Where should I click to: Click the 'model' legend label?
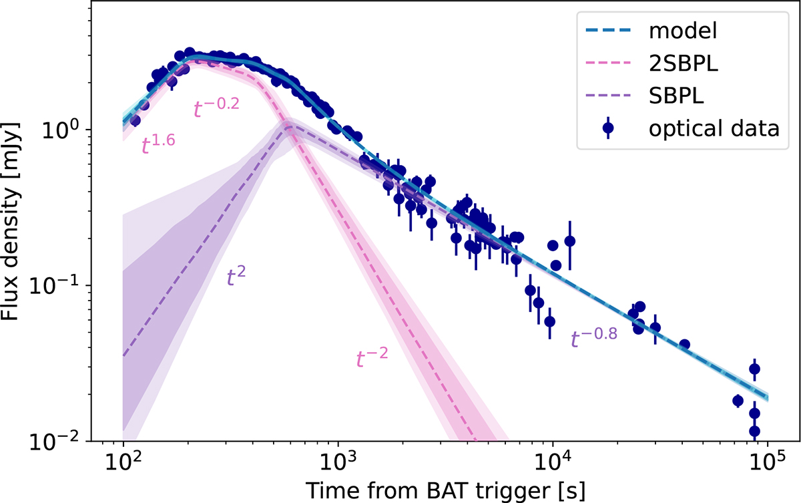pos(683,31)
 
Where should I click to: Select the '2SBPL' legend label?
pos(684,63)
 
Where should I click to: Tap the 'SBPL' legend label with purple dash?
pos(676,96)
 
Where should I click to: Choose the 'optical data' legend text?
pos(714,128)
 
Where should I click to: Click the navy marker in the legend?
pos(608,128)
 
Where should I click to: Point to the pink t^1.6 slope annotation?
pos(158,144)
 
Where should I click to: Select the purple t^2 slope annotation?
pos(236,276)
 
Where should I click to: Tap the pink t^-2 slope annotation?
pos(372,357)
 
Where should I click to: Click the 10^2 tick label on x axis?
pos(123,462)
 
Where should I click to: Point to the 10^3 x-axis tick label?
pos(338,462)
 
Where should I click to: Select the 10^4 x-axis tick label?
pos(553,462)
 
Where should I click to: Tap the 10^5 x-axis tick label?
pos(768,462)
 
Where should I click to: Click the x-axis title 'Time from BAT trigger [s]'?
pos(446,490)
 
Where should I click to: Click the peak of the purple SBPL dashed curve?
pos(290,126)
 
